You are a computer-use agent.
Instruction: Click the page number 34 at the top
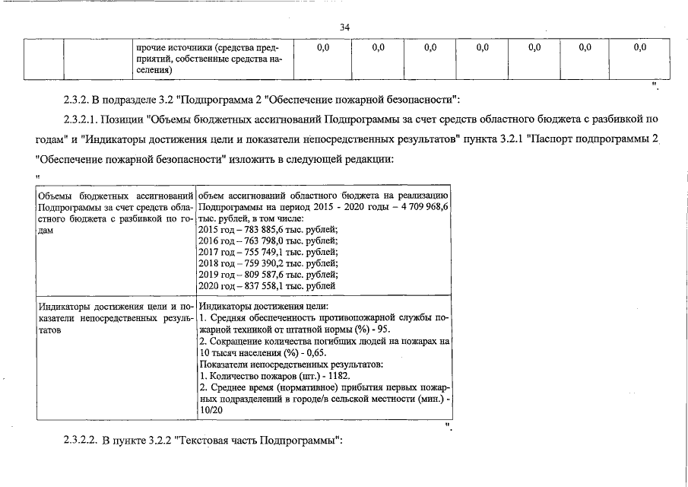[x=344, y=27]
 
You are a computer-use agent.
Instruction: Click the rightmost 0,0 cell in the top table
[x=639, y=47]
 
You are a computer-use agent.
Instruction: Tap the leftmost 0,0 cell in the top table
[x=322, y=47]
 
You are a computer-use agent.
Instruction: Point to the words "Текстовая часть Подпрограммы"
[x=259, y=441]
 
